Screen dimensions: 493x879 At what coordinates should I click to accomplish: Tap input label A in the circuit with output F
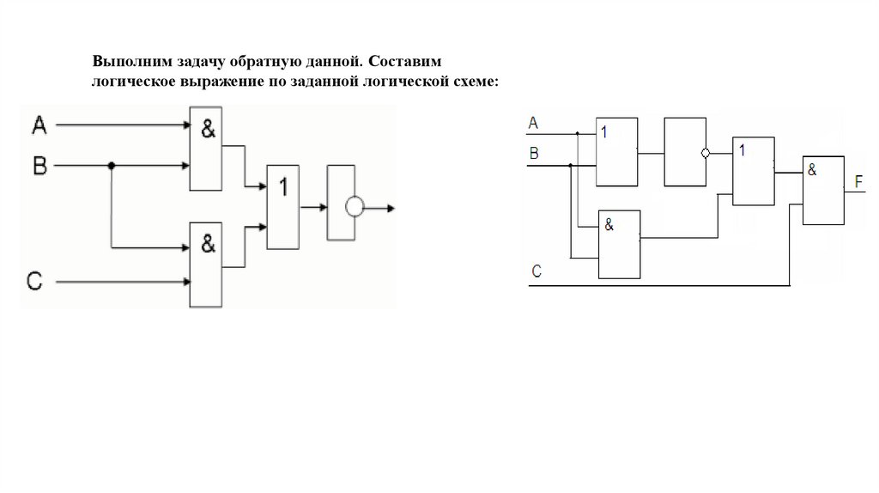tap(533, 124)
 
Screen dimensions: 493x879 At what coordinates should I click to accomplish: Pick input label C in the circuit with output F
tap(536, 272)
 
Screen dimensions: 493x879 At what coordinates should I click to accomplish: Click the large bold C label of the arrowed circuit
tap(35, 281)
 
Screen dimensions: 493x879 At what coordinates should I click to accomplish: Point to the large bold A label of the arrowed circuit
tap(39, 126)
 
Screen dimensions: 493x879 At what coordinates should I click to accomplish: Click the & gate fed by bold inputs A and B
tap(206, 148)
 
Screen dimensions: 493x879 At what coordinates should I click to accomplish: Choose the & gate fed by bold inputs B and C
tap(206, 264)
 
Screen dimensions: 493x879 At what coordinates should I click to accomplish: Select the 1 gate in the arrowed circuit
tap(284, 206)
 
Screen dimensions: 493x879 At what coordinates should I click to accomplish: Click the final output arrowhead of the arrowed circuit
tap(391, 207)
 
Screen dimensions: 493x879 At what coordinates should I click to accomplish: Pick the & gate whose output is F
tap(822, 191)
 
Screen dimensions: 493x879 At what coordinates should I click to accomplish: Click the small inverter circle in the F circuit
tap(706, 154)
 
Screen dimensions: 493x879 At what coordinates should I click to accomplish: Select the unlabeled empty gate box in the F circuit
tap(684, 152)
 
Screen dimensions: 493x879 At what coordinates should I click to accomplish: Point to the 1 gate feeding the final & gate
tap(753, 170)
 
